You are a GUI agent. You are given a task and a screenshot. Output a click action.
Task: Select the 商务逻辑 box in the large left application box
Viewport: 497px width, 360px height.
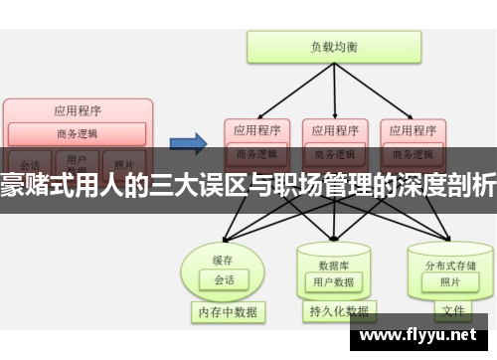pos(78,132)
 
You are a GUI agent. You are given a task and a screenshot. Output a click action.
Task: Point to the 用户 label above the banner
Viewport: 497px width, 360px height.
pos(77,157)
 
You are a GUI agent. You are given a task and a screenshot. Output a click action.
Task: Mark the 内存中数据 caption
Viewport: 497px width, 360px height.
pos(227,312)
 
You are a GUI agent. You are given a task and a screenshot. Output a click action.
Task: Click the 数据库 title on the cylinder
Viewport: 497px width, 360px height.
pos(333,238)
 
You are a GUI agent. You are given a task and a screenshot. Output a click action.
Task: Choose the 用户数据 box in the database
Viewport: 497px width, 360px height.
pos(333,255)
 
